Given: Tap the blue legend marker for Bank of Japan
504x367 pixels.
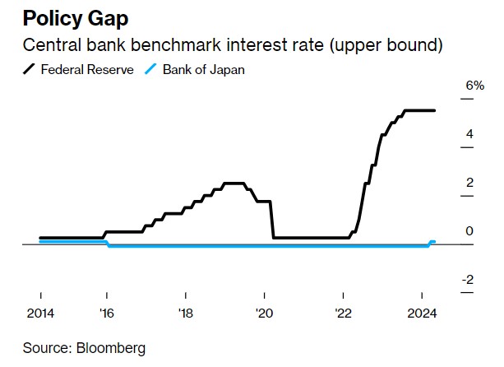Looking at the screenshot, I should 150,69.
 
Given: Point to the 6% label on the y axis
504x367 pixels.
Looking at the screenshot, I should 474,86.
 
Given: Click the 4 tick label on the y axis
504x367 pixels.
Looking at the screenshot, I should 469,134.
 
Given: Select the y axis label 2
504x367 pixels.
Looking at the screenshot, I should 469,183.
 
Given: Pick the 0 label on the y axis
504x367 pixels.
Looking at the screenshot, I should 469,231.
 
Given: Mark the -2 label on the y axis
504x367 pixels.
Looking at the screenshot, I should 466,280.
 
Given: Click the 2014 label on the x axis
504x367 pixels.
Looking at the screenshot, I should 41,313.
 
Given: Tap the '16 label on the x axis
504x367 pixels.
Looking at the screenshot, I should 107,313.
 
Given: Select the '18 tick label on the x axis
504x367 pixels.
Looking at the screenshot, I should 185,313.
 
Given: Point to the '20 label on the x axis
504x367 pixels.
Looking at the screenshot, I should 264,313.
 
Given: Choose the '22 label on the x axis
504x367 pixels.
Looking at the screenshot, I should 343,313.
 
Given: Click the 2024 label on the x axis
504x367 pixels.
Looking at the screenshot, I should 422,313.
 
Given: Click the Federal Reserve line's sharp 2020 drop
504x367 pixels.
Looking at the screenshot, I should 272,219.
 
